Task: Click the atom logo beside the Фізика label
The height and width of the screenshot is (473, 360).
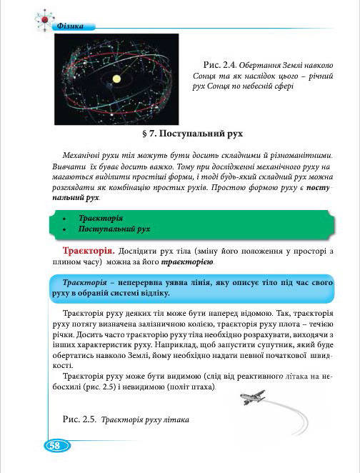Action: (x=42, y=20)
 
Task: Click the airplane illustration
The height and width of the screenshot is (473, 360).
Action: (x=251, y=397)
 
